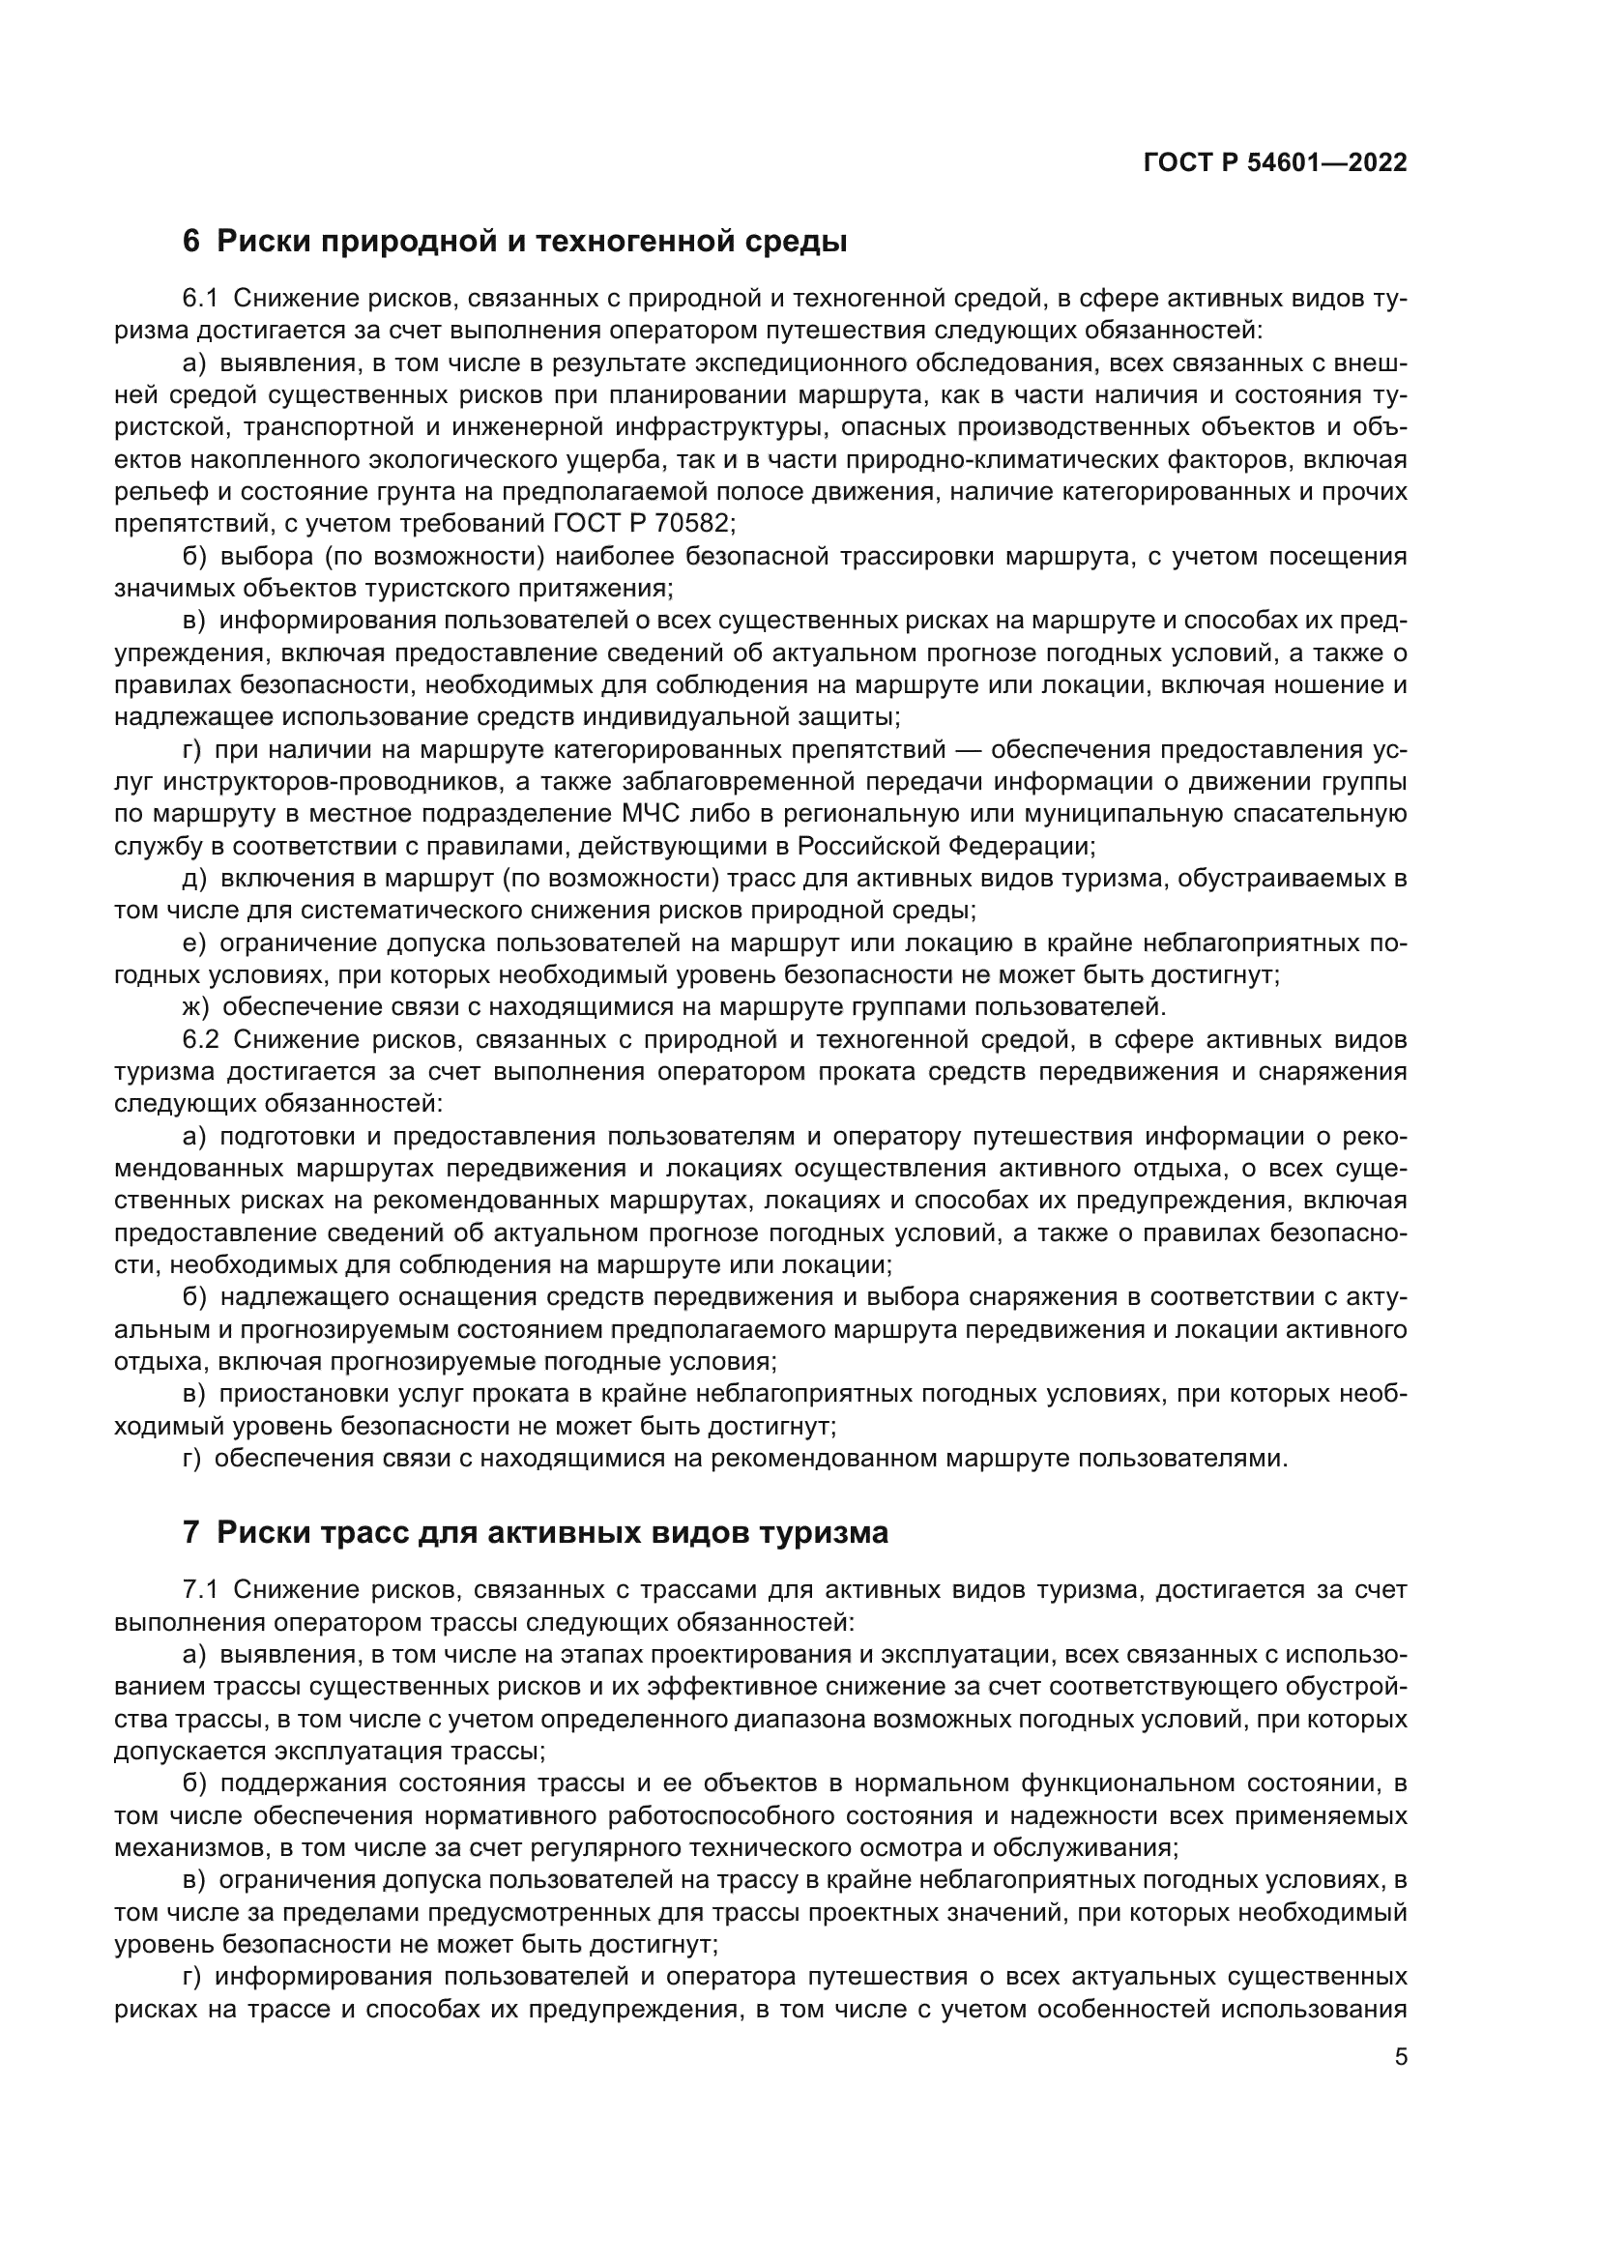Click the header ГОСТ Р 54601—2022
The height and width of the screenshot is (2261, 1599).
click(1275, 163)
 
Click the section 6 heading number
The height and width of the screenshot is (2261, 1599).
click(191, 242)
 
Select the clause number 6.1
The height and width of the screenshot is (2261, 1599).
click(201, 299)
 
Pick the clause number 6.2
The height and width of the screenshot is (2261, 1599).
click(201, 1040)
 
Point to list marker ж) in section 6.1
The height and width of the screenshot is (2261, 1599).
click(196, 1007)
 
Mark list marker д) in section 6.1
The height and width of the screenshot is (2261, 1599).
click(195, 879)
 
